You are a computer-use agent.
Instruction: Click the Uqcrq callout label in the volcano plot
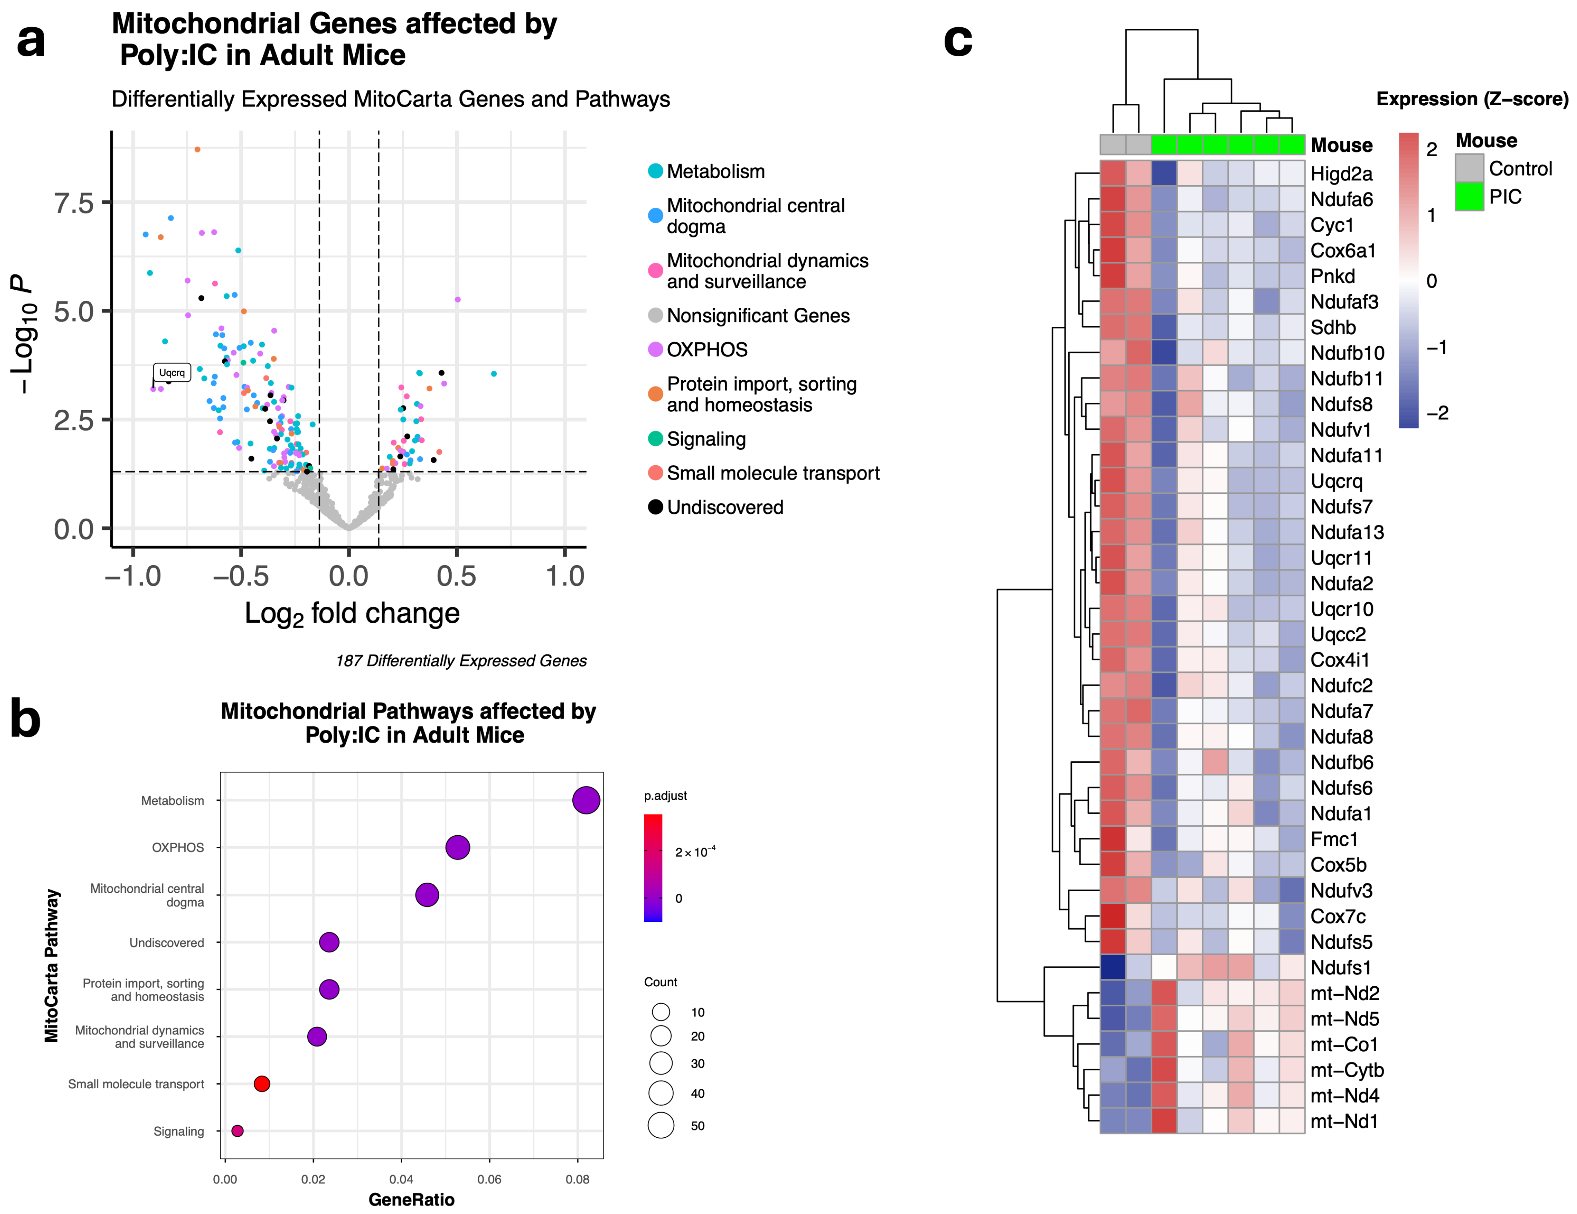click(172, 373)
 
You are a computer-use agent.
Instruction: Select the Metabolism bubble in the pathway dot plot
click(586, 800)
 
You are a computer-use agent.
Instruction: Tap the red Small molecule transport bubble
click(262, 1083)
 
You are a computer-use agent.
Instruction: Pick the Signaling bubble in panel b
click(237, 1130)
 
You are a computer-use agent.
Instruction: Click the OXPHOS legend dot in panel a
click(655, 350)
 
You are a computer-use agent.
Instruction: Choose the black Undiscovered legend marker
click(655, 507)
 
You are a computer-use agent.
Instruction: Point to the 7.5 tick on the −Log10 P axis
click(74, 203)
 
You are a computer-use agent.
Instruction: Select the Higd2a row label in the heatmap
click(1341, 174)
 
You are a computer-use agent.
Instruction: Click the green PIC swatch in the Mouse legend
click(1468, 196)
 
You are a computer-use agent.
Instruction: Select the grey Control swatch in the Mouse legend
click(1468, 168)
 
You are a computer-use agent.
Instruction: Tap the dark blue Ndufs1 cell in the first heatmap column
click(1113, 968)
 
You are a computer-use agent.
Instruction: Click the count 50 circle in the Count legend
click(661, 1125)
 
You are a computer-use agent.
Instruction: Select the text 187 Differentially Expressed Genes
click(461, 661)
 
